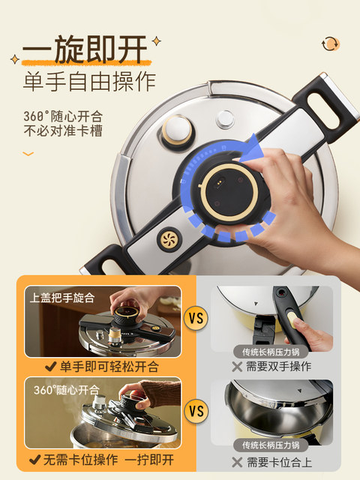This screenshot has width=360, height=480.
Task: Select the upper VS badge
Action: pyautogui.click(x=196, y=319)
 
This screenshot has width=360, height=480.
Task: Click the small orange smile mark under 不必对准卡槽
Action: pyautogui.click(x=28, y=154)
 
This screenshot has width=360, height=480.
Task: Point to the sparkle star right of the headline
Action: pyautogui.click(x=156, y=38)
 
